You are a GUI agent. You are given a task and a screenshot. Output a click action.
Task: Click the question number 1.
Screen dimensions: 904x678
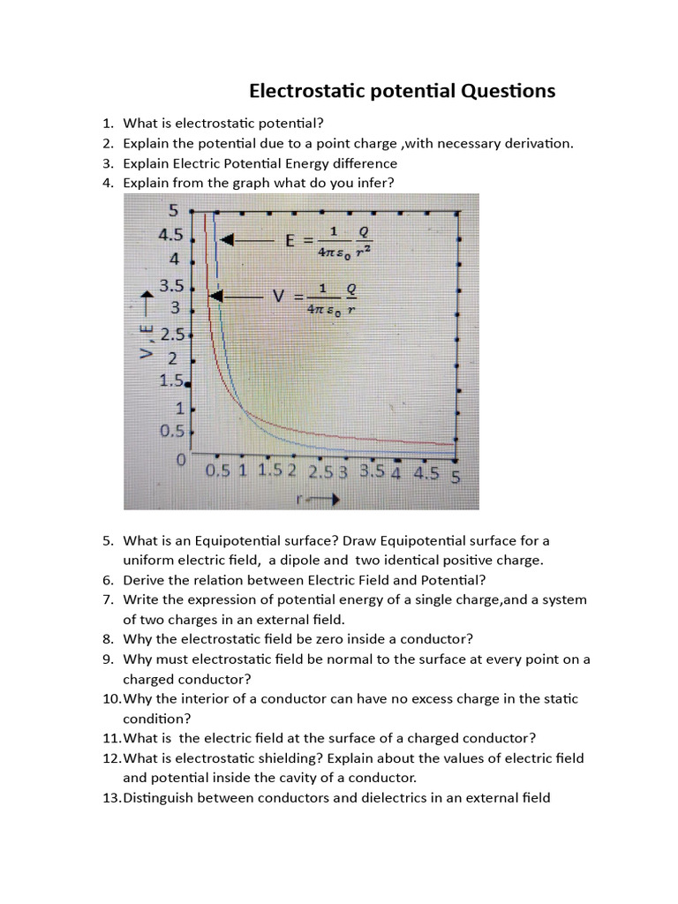pyautogui.click(x=107, y=124)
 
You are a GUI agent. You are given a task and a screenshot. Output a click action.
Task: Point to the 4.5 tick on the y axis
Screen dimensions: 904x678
pyautogui.click(x=170, y=236)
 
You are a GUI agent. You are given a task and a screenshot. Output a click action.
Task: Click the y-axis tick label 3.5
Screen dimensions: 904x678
pyautogui.click(x=170, y=286)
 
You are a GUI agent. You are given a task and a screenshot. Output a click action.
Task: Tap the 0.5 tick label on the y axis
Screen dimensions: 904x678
pyautogui.click(x=170, y=432)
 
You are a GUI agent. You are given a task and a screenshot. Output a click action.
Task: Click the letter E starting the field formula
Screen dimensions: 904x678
pyautogui.click(x=290, y=240)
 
